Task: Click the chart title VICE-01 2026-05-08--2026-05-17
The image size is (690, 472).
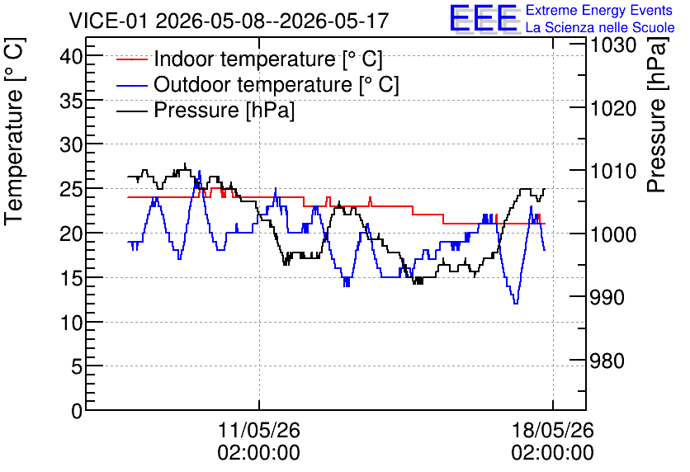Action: coord(229,21)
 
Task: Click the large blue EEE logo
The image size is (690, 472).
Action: coord(484,18)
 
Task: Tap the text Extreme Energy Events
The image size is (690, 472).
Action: coord(599,10)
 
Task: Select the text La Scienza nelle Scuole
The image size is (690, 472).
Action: coord(600,27)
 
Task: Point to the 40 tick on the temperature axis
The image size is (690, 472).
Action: coord(70,56)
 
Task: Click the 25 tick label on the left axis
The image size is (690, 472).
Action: coord(70,190)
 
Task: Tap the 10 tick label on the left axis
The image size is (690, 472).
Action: coord(70,323)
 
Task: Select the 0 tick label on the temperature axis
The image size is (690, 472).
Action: coord(77,411)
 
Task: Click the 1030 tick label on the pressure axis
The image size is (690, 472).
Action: coord(613,45)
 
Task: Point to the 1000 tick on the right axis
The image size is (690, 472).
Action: coord(613,234)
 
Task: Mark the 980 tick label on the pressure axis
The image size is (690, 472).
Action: coord(607,361)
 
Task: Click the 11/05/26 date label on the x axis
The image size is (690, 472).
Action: coord(259,430)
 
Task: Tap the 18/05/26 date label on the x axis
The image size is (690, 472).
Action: coord(553,430)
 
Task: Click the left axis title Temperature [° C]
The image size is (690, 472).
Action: coord(14,132)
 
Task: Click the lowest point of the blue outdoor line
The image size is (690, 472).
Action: coord(516,303)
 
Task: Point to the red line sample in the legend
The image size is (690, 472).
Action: coord(131,59)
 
